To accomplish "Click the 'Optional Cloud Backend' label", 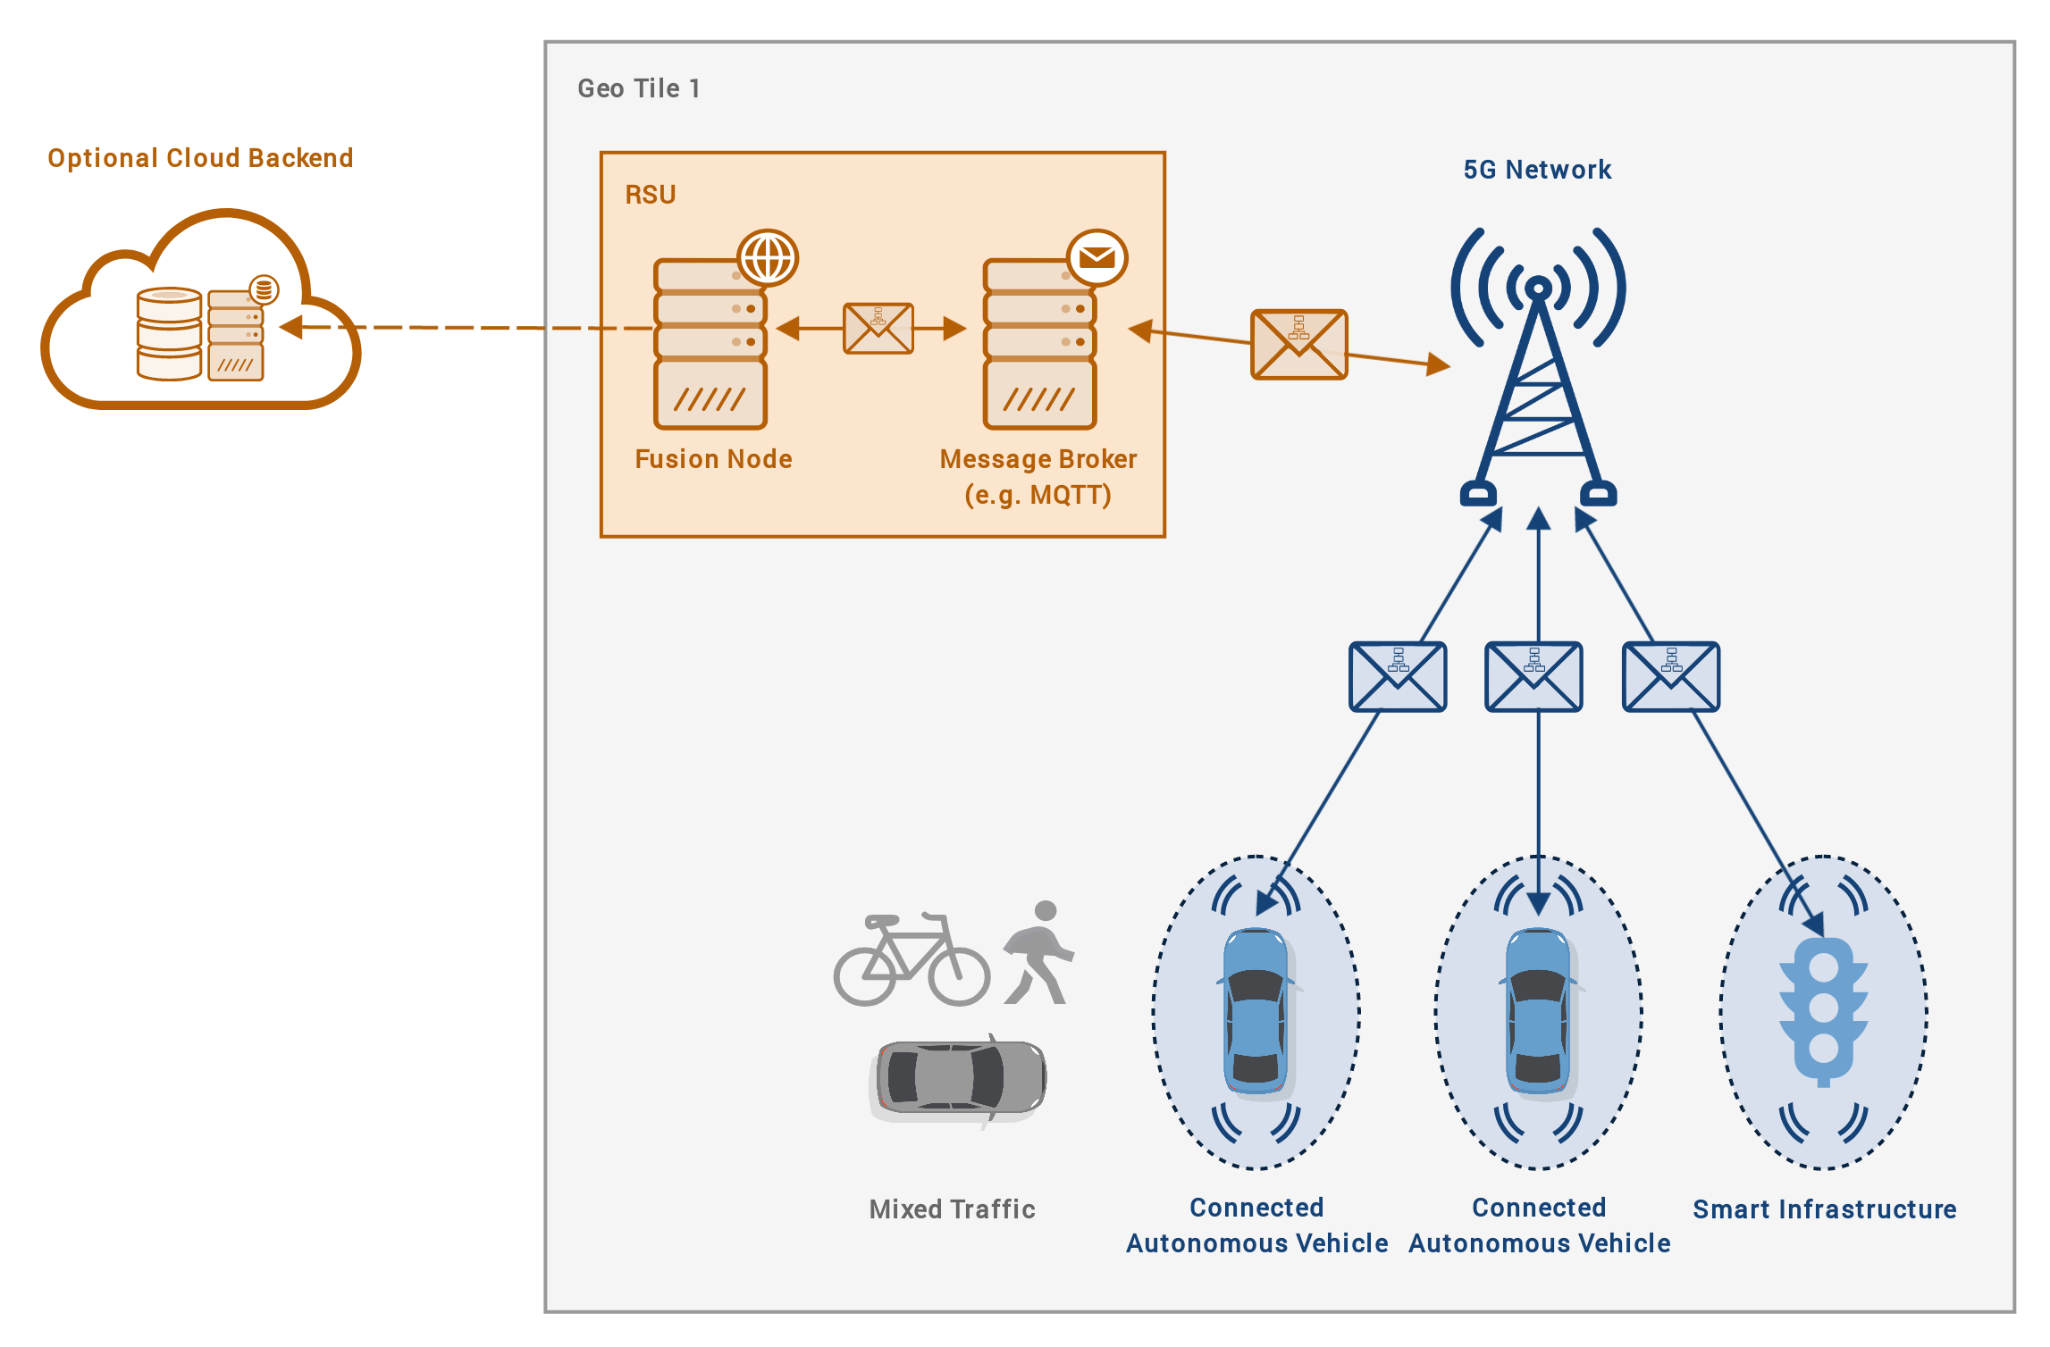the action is coord(200,158).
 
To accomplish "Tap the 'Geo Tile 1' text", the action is coord(639,88).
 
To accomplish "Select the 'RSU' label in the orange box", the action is coord(651,195).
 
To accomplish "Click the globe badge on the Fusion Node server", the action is coord(768,258).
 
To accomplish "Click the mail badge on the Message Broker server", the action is coord(1097,258).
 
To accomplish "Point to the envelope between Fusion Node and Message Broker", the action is coord(878,329).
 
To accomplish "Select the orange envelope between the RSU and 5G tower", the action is coord(1299,345).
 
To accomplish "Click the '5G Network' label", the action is coord(1537,170).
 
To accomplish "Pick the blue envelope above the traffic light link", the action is coord(1671,677).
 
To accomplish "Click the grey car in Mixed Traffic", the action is coord(957,1079).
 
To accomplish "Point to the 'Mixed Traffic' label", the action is coord(953,1209).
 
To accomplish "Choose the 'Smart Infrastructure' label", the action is coord(1825,1209).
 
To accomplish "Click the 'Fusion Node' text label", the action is coord(713,459).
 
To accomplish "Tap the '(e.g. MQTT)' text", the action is coord(1038,495).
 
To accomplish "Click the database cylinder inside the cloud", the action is coord(169,334).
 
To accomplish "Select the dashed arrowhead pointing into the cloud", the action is coord(291,327).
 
